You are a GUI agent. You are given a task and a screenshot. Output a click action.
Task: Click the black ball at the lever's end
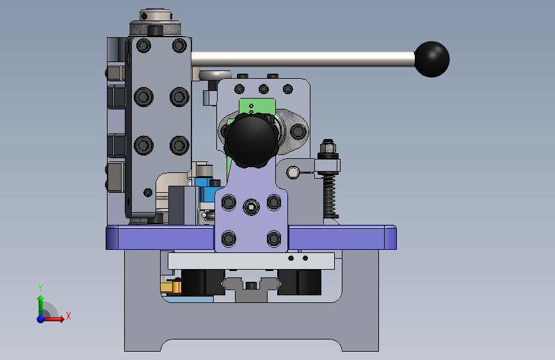(x=432, y=59)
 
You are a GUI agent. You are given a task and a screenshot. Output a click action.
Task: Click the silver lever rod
(x=303, y=59)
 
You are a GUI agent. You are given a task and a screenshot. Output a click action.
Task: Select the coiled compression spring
(x=329, y=194)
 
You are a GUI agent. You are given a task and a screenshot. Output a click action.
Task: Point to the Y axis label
(x=40, y=288)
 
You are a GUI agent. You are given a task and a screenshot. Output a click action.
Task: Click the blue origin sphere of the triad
(x=41, y=319)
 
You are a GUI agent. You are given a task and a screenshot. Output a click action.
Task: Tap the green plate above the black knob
(x=257, y=106)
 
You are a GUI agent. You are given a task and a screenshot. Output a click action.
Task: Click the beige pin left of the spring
(x=293, y=172)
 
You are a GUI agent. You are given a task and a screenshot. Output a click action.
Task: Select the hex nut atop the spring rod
(x=328, y=145)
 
